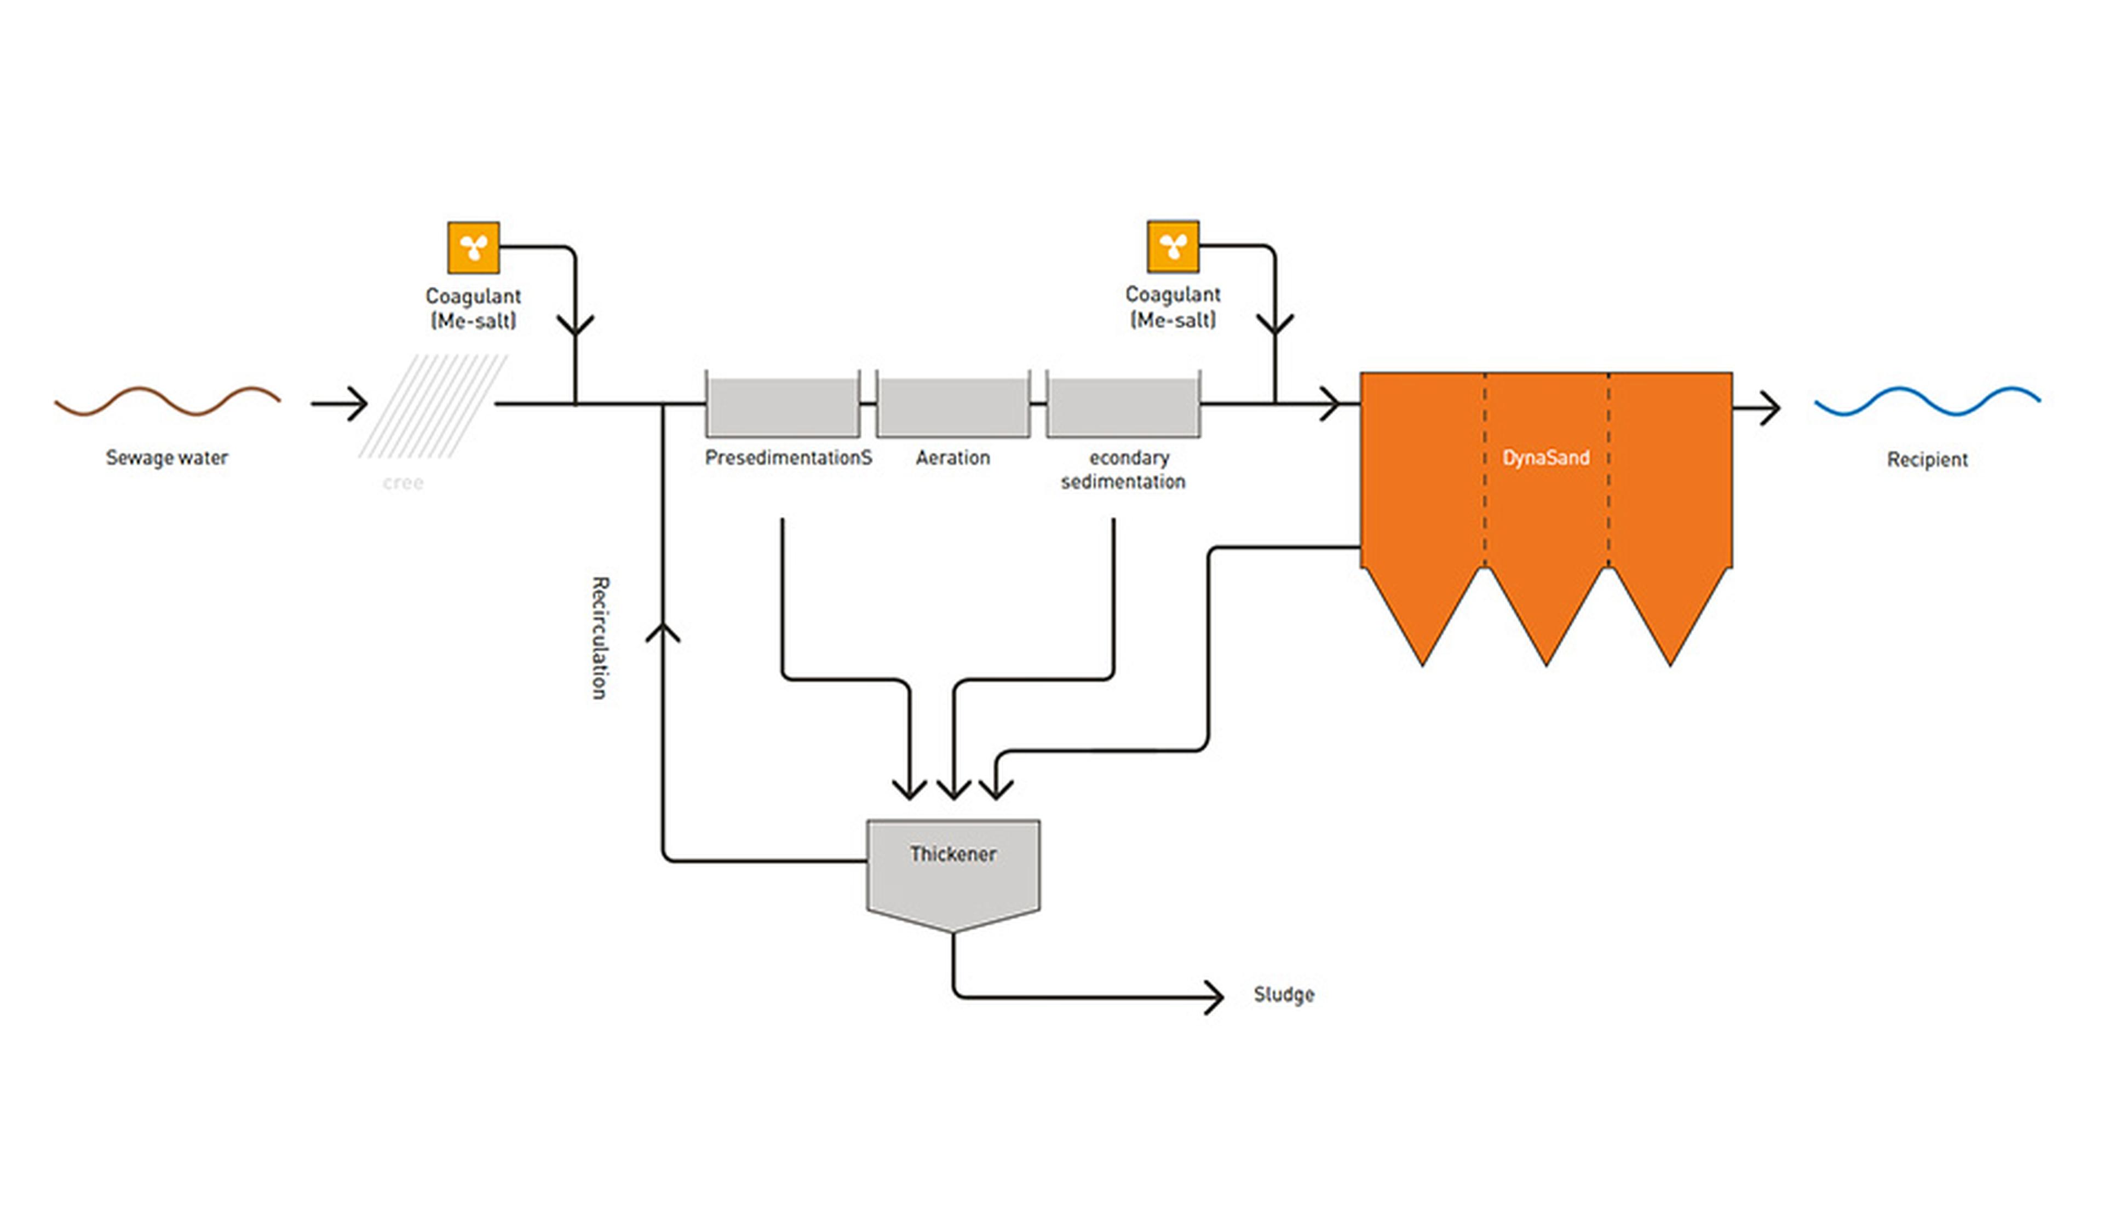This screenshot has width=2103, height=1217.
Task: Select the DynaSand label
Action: point(1545,458)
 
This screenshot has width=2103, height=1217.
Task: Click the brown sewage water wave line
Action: point(167,401)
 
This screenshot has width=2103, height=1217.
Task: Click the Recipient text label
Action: point(1927,460)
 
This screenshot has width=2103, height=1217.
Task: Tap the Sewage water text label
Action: point(167,458)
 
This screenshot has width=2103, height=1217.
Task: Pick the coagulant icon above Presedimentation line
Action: point(473,248)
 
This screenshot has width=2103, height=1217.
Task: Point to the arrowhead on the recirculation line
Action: point(663,632)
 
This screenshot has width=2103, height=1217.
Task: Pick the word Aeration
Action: point(952,458)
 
